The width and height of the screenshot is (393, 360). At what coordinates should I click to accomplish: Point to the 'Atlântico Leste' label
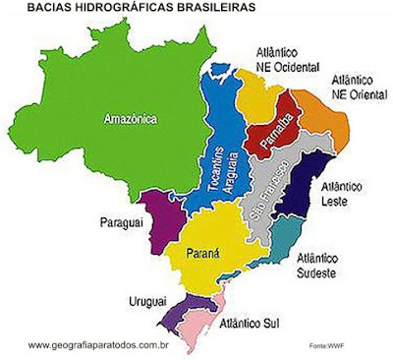pyautogui.click(x=343, y=193)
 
